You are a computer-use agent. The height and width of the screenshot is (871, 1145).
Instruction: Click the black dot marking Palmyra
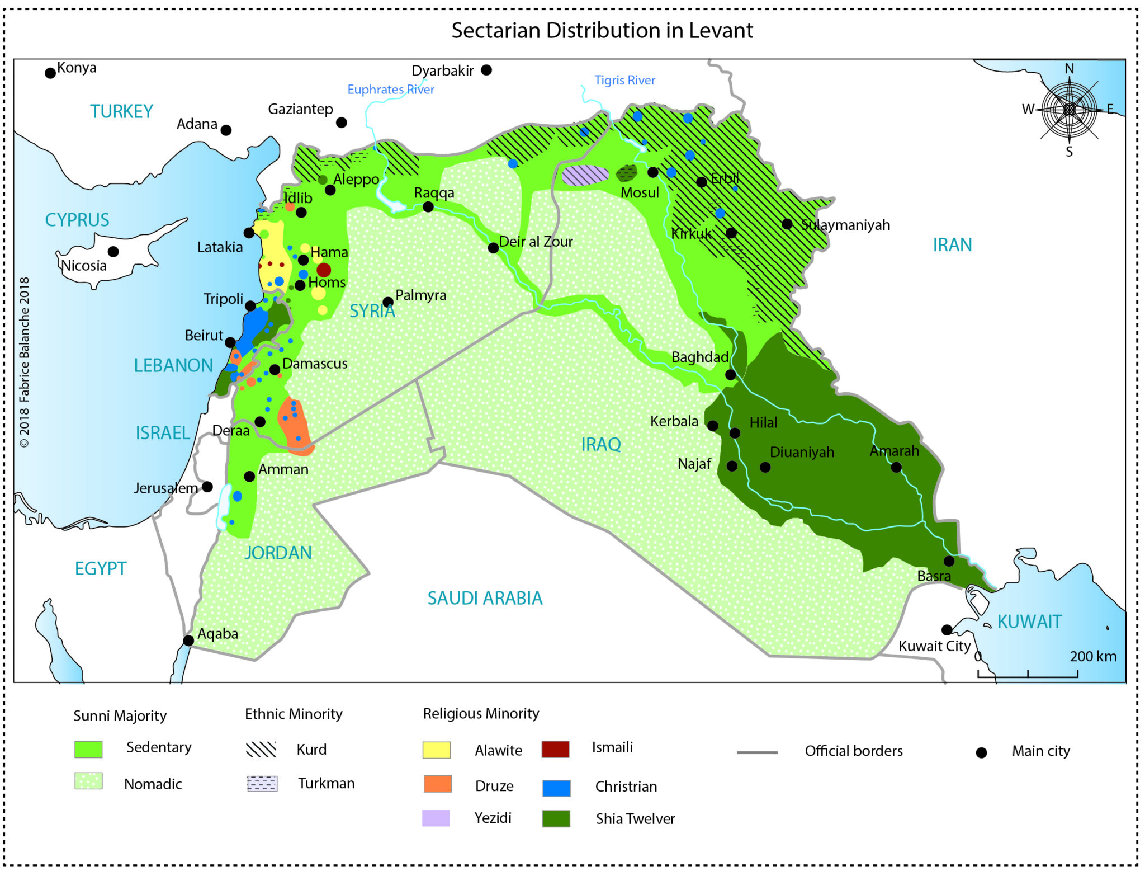pyautogui.click(x=387, y=302)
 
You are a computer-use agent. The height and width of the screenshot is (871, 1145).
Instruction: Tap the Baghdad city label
pyautogui.click(x=699, y=357)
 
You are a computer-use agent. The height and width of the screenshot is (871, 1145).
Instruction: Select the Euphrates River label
pyautogui.click(x=390, y=90)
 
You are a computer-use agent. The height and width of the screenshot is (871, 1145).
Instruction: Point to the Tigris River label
pyautogui.click(x=624, y=80)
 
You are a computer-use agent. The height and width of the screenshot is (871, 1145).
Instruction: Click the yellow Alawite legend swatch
pyautogui.click(x=436, y=750)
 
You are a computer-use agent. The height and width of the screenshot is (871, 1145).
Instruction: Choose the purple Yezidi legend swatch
pyautogui.click(x=436, y=818)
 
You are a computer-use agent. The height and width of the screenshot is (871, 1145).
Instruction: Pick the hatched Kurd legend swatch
pyautogui.click(x=261, y=749)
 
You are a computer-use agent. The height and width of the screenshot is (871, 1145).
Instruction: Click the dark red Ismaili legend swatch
pyautogui.click(x=555, y=749)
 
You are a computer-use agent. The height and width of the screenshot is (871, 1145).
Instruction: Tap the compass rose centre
pyautogui.click(x=1069, y=110)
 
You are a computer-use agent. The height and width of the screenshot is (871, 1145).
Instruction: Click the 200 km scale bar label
pyautogui.click(x=1092, y=656)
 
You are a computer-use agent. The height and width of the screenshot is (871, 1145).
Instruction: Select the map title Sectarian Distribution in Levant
pyautogui.click(x=602, y=30)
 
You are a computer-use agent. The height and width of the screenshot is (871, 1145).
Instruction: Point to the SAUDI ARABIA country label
pyautogui.click(x=485, y=598)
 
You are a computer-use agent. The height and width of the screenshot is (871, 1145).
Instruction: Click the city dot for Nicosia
pyautogui.click(x=113, y=251)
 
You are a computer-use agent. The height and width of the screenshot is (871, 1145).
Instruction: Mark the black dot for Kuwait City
pyautogui.click(x=947, y=630)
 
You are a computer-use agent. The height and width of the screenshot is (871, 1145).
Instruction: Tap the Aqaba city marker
pyautogui.click(x=188, y=641)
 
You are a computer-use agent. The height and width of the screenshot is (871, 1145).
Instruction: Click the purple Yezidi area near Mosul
pyautogui.click(x=585, y=175)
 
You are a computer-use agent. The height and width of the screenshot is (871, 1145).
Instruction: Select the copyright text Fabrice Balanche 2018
pyautogui.click(x=25, y=362)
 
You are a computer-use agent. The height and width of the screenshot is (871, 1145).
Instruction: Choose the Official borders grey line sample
pyautogui.click(x=757, y=752)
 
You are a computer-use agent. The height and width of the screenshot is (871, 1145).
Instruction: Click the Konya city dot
pyautogui.click(x=50, y=73)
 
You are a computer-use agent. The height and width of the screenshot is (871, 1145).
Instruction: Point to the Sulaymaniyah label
pyautogui.click(x=845, y=225)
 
